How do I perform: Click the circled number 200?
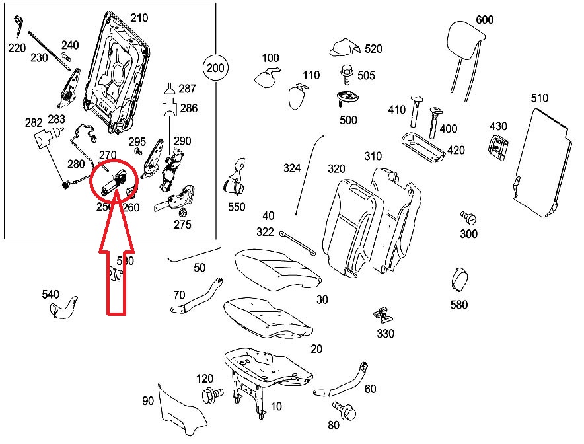215,67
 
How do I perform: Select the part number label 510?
539,99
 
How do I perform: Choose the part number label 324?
291,168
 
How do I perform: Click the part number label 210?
139,18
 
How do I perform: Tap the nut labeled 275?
183,213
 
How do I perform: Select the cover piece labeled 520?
344,48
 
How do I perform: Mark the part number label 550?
237,207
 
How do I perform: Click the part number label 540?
50,294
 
